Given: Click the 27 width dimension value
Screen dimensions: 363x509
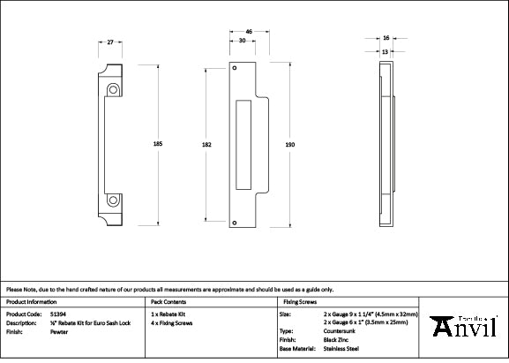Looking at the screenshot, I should coord(110,42).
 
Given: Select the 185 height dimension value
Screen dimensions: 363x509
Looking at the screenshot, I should coord(158,143).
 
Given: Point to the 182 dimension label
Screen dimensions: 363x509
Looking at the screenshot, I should coord(205,143).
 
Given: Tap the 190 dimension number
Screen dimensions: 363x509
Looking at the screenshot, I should coord(288,143).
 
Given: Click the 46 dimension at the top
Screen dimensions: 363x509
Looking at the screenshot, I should coord(250,32).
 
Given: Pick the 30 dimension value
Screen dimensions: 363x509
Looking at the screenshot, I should coord(243,41).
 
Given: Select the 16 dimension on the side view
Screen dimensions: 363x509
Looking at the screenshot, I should coord(386,39).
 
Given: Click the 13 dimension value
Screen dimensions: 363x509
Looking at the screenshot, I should coord(386,51).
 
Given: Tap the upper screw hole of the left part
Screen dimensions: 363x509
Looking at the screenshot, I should coord(115,90).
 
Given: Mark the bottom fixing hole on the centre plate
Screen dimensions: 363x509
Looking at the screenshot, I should coord(236,222).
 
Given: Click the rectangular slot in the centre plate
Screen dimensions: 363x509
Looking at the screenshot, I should coord(243,144).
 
